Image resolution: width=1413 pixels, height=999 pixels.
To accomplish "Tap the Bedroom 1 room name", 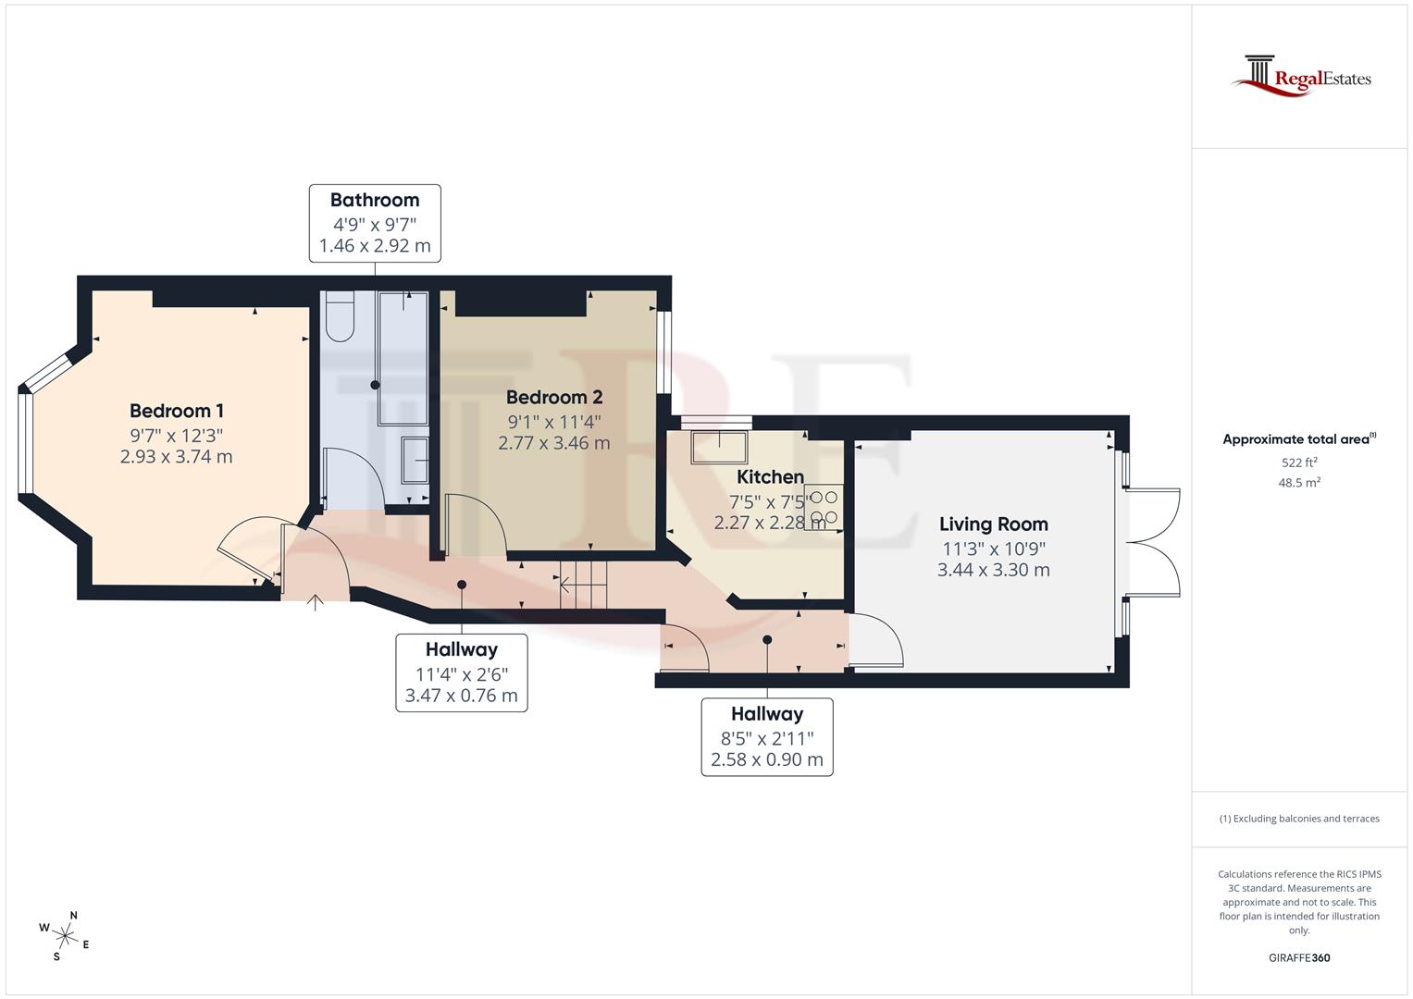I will pyautogui.click(x=176, y=411).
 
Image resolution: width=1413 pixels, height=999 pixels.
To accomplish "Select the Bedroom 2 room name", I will pyautogui.click(x=554, y=397).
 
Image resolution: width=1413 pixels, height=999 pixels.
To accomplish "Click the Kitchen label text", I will pyautogui.click(x=770, y=477).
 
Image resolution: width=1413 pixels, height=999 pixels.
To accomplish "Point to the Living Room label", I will pyautogui.click(x=993, y=524).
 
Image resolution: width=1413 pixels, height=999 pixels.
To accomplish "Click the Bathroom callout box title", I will pyautogui.click(x=375, y=200).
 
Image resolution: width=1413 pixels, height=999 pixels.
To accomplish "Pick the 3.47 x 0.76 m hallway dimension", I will pyautogui.click(x=461, y=696).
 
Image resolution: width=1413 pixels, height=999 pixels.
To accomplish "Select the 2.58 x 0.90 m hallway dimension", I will pyautogui.click(x=766, y=760).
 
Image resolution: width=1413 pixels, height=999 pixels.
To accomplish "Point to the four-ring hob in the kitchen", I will pyautogui.click(x=824, y=507).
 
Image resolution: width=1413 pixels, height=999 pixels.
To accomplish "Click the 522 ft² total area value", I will pyautogui.click(x=1299, y=462).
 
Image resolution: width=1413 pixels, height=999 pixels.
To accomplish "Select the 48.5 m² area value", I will pyautogui.click(x=1299, y=483).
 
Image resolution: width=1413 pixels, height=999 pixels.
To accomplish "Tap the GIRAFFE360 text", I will pyautogui.click(x=1299, y=957).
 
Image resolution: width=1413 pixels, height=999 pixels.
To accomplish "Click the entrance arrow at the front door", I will pyautogui.click(x=316, y=603).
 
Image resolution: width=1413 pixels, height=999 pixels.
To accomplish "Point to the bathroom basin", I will pyautogui.click(x=415, y=461).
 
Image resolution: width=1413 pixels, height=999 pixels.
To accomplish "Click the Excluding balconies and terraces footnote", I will pyautogui.click(x=1299, y=819).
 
